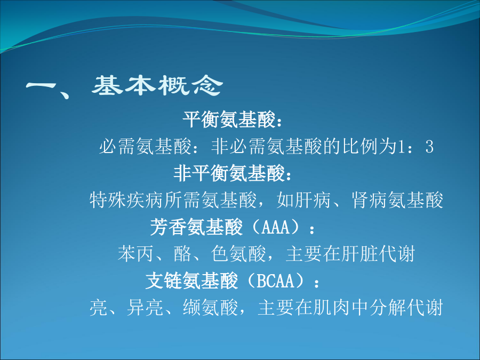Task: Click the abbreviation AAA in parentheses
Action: tap(276, 227)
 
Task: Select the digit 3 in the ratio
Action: tap(429, 146)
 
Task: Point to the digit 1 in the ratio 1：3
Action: tap(401, 146)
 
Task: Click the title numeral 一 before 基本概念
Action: tap(41, 86)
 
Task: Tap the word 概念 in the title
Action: tap(190, 85)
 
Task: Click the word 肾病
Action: tap(369, 200)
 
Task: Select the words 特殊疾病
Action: tap(126, 200)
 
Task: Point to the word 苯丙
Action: tap(135, 254)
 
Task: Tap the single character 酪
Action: tap(182, 254)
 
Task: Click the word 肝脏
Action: tap(359, 254)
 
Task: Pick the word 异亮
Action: tap(145, 308)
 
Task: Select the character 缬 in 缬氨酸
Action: tap(192, 308)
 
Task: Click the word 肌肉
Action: tap(331, 308)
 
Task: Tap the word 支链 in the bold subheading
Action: tap(164, 281)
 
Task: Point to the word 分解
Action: tap(387, 308)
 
